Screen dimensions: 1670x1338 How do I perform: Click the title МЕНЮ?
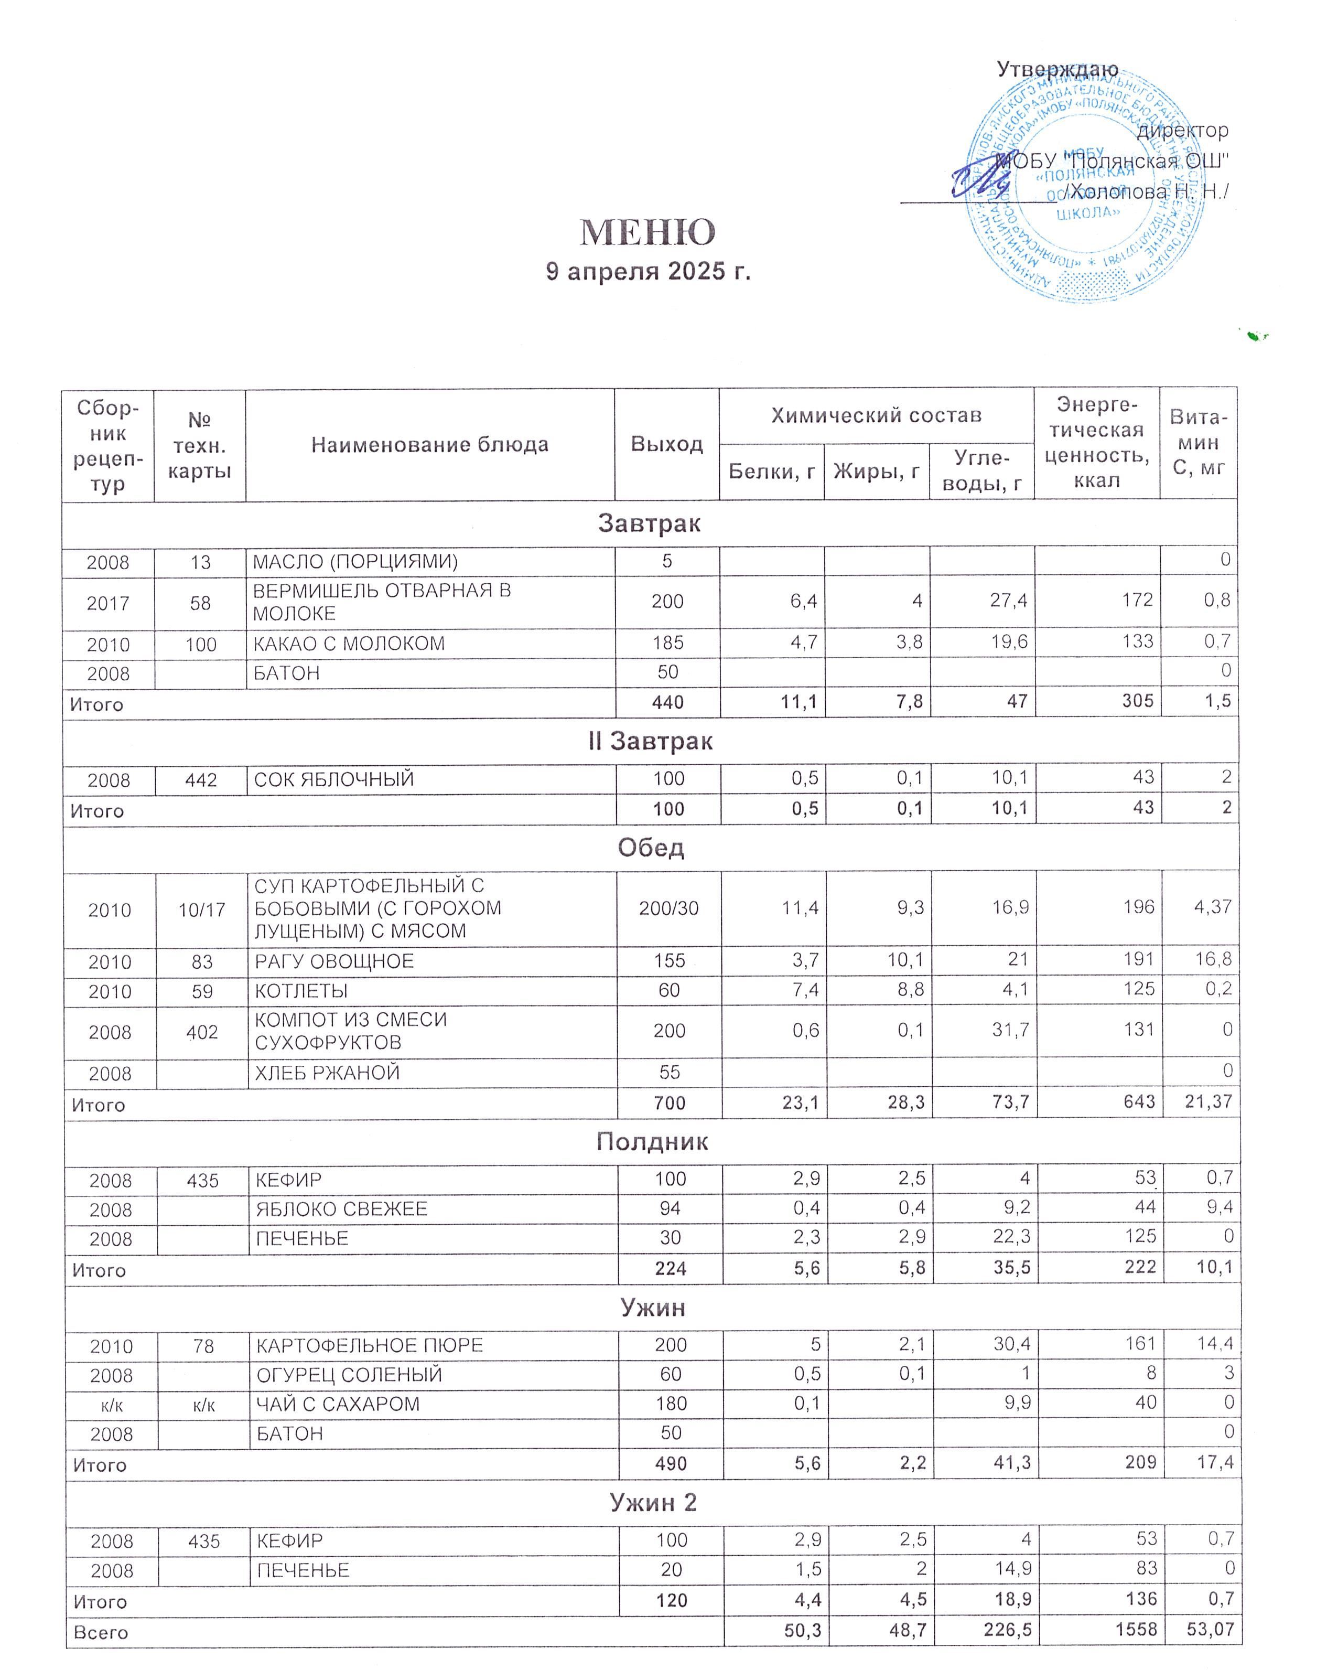tap(648, 232)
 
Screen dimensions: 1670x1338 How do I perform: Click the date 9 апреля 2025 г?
tap(648, 271)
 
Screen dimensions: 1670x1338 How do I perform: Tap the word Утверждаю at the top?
tap(1057, 69)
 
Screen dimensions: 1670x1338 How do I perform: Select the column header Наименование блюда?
tap(430, 445)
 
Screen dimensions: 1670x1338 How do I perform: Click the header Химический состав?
tap(876, 416)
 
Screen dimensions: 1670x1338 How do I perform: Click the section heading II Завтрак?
tap(650, 741)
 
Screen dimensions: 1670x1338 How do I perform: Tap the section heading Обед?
tap(651, 848)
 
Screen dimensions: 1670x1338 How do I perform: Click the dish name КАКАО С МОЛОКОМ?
tap(349, 644)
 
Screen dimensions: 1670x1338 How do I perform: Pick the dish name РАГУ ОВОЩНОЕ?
tap(334, 961)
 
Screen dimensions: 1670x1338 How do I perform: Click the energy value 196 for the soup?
tap(1139, 907)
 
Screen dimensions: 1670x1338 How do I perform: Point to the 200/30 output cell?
tap(668, 908)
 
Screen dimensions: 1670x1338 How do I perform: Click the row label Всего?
tap(101, 1632)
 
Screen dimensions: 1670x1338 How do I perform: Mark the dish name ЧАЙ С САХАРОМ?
tap(338, 1404)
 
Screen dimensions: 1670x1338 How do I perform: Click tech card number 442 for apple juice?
tap(201, 780)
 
